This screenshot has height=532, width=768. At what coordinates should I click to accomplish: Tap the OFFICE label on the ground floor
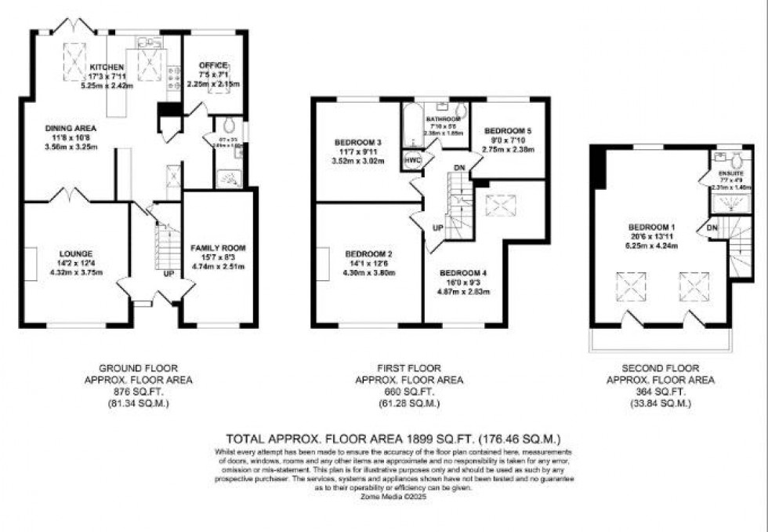point(214,64)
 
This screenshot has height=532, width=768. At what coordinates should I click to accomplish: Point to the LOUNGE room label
point(76,253)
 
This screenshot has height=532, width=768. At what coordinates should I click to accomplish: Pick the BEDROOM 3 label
point(357,142)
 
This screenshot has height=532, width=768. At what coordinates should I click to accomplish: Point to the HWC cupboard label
point(412,159)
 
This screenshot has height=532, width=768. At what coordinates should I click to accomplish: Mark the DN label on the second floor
point(712,227)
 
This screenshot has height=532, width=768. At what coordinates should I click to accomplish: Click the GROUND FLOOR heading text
point(138,367)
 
